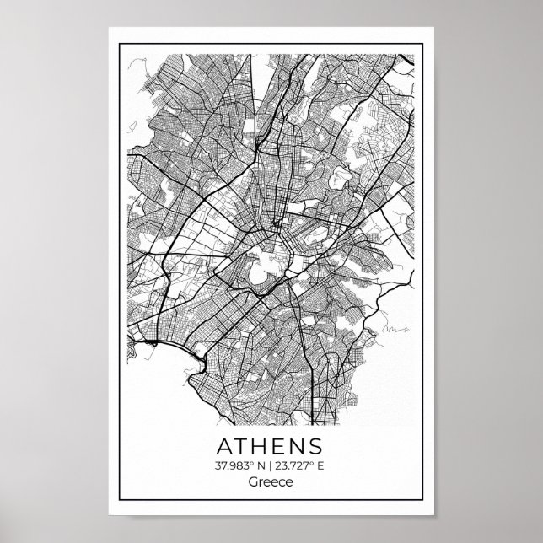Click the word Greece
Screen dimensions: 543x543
click(x=271, y=483)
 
